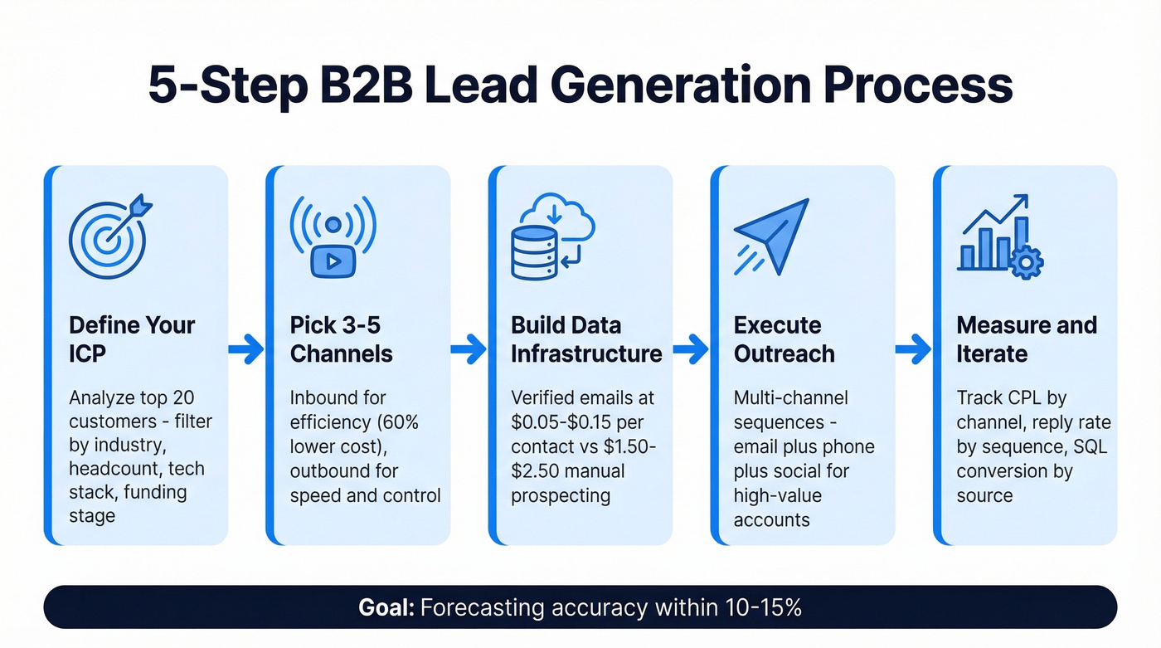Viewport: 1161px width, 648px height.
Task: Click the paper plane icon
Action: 772,236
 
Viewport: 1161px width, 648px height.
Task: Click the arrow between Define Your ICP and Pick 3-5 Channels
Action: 247,350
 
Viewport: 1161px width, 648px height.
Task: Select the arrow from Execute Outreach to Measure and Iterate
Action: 914,350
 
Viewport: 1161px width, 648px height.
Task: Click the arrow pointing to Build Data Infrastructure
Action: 469,350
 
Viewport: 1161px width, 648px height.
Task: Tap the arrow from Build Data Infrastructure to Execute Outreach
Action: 691,350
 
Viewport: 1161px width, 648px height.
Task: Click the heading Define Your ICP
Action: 131,339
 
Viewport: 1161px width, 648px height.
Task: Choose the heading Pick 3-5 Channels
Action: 341,339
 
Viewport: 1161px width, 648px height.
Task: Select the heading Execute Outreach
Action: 784,339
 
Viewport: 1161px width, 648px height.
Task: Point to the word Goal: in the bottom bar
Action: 386,607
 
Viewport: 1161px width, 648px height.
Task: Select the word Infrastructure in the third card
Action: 586,354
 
